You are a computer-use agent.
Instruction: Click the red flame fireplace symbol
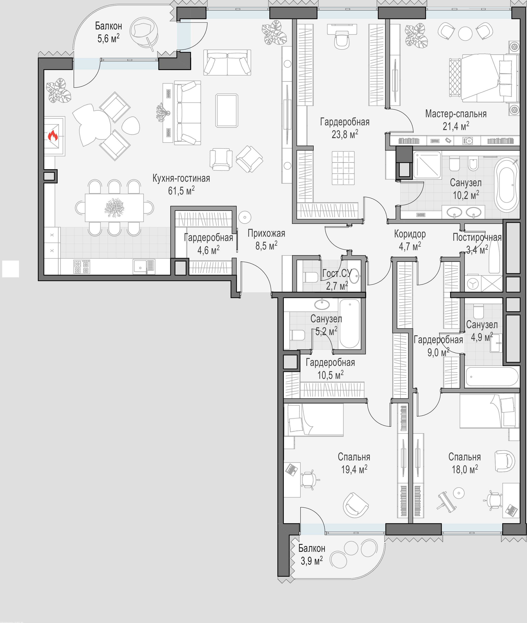click(53, 136)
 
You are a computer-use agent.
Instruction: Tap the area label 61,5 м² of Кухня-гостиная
click(181, 190)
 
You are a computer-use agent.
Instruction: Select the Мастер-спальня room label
click(456, 114)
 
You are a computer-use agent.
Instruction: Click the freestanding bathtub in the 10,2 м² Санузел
click(506, 185)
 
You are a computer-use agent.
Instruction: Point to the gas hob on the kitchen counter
click(82, 267)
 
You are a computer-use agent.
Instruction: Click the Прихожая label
click(266, 233)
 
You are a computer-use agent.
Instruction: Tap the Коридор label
click(410, 234)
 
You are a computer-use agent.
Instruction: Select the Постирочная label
click(477, 237)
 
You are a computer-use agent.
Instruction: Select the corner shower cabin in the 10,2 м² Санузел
click(427, 165)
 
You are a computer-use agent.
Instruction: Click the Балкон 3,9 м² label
click(312, 555)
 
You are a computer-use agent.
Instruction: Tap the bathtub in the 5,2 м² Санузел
click(350, 324)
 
